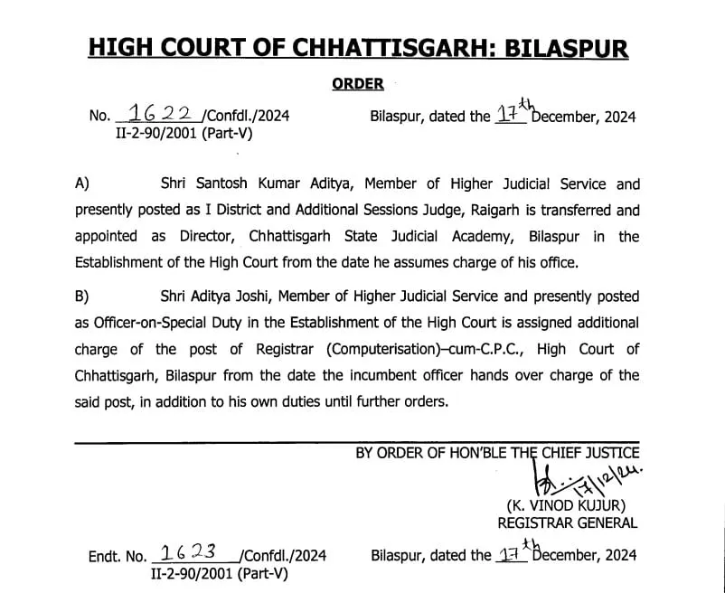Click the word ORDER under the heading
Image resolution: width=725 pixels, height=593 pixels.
click(358, 84)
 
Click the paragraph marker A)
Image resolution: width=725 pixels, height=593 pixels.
click(82, 184)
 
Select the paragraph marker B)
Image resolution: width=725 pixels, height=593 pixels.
click(82, 296)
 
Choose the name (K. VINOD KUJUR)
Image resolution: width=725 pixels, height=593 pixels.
click(567, 505)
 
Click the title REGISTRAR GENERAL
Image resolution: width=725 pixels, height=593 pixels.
click(567, 522)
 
